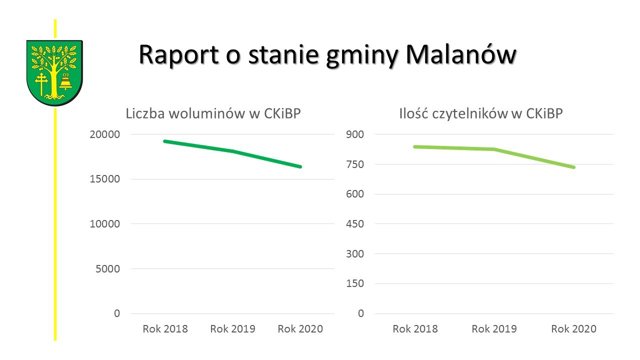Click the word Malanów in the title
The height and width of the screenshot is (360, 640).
pos(460,54)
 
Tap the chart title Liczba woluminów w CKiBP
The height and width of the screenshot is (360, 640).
pos(213,114)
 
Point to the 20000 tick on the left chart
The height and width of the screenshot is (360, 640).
pos(105,134)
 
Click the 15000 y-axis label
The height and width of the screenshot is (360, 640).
pos(105,179)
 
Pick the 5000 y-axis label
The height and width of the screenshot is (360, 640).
pos(107,268)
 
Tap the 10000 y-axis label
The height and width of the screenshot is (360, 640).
pos(105,224)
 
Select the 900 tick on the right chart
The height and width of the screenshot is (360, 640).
pos(356,134)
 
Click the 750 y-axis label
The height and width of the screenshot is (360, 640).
pos(356,164)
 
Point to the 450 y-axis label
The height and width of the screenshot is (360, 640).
pos(356,224)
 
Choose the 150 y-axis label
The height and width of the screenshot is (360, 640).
pos(356,283)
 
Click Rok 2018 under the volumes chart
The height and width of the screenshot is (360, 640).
pos(165,329)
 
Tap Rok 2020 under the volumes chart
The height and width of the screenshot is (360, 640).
pos(300,329)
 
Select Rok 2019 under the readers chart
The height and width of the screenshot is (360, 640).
pos(494,329)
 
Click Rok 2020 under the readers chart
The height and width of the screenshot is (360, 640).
pos(573,329)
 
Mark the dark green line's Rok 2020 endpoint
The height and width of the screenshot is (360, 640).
pos(300,166)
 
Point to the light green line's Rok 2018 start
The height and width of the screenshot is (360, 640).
pos(415,146)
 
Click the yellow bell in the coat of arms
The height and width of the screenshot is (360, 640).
pos(65,81)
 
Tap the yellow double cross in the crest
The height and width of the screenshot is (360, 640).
pos(41,82)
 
